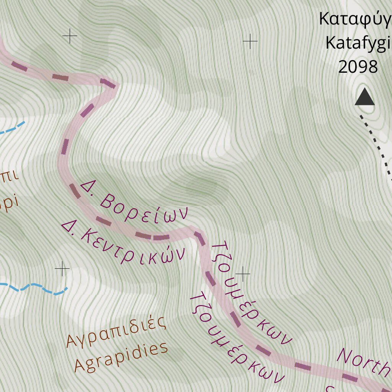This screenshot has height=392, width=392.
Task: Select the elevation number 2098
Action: pyautogui.click(x=358, y=67)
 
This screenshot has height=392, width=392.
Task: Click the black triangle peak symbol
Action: pyautogui.click(x=364, y=97)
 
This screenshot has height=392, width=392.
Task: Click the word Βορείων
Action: pyautogui.click(x=145, y=208)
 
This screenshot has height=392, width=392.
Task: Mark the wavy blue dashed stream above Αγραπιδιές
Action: pyautogui.click(x=34, y=288)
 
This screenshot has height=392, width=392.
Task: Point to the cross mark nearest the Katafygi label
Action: pyautogui.click(x=250, y=41)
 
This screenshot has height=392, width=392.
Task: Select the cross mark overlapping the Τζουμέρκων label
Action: pyautogui.click(x=243, y=274)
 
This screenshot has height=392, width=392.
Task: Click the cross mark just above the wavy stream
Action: pyautogui.click(x=62, y=269)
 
